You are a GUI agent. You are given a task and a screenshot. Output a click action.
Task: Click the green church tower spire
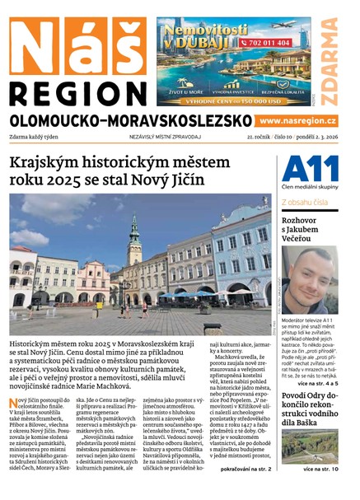pyautogui.click(x=134, y=234)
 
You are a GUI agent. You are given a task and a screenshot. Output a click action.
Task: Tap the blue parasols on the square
pyautogui.click(x=185, y=293)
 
